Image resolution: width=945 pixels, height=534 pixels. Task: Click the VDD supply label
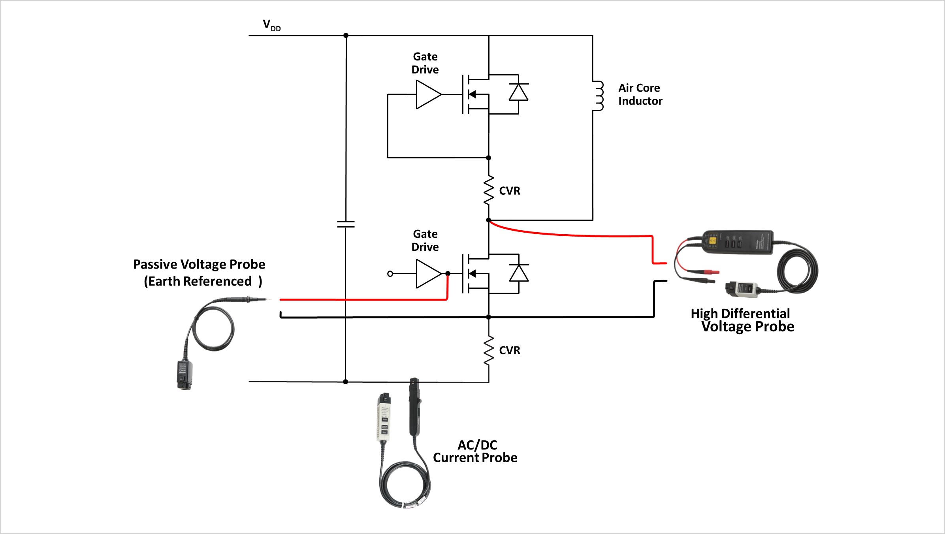(271, 25)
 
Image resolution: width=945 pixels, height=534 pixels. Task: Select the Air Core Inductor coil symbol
(599, 96)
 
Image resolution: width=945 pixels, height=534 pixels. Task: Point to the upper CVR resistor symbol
(489, 190)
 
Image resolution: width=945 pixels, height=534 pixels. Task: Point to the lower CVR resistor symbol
(489, 350)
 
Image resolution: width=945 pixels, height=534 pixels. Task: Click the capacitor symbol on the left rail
(346, 224)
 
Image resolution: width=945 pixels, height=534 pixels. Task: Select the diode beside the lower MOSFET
(519, 273)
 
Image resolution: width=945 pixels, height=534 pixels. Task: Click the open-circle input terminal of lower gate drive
(390, 274)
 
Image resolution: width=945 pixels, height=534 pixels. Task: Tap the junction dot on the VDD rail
(346, 36)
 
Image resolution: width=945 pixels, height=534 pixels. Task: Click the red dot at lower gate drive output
(448, 273)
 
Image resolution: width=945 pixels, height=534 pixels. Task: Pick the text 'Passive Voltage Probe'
(199, 264)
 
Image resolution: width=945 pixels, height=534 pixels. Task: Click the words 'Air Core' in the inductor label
(639, 88)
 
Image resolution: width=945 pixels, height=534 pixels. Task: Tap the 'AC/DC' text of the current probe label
(477, 445)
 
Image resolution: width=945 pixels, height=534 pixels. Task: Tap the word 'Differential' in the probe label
(755, 314)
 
